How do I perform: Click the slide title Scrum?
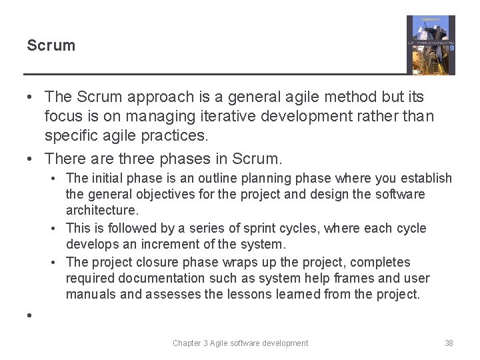(x=51, y=46)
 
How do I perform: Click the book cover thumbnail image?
(x=431, y=45)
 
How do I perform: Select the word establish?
(x=427, y=178)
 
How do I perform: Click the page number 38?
(x=449, y=343)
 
